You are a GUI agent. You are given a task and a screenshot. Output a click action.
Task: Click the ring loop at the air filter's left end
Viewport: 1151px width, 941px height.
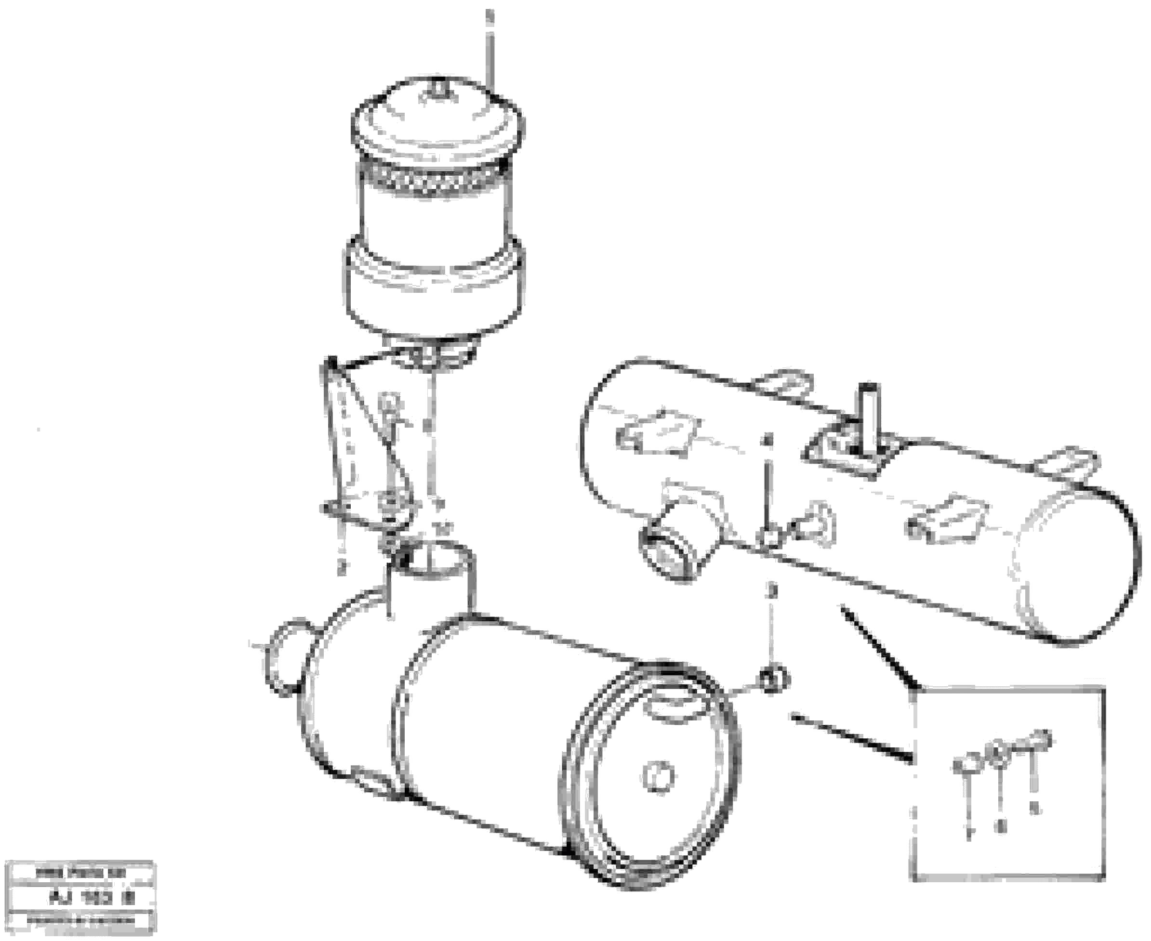(x=282, y=656)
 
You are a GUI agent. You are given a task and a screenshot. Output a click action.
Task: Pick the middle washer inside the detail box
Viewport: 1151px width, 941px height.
(x=999, y=755)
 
